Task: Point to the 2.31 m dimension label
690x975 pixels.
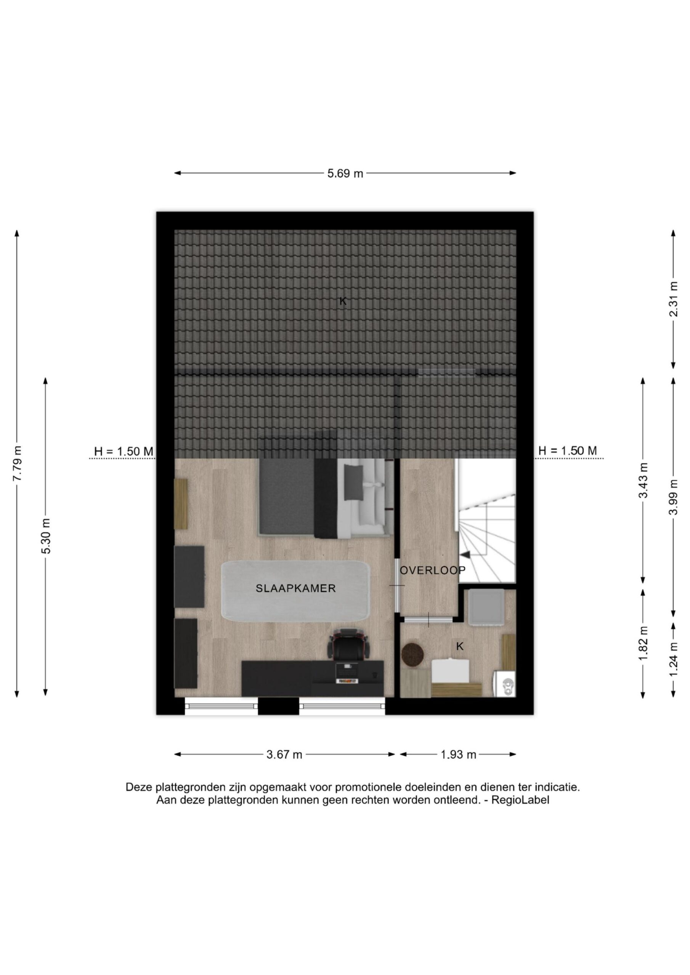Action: (x=674, y=299)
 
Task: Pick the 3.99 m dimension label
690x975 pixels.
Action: (x=674, y=497)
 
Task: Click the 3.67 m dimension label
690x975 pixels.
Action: (x=284, y=754)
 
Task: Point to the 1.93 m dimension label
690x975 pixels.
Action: (x=458, y=754)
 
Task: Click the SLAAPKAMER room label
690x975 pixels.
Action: (x=295, y=588)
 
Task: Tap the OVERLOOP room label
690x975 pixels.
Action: (x=433, y=570)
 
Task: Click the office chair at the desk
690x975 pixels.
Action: (x=349, y=644)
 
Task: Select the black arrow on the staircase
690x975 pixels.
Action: (x=466, y=554)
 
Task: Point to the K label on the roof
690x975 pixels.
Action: (x=343, y=302)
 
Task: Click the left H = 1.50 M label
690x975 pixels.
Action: (x=123, y=451)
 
